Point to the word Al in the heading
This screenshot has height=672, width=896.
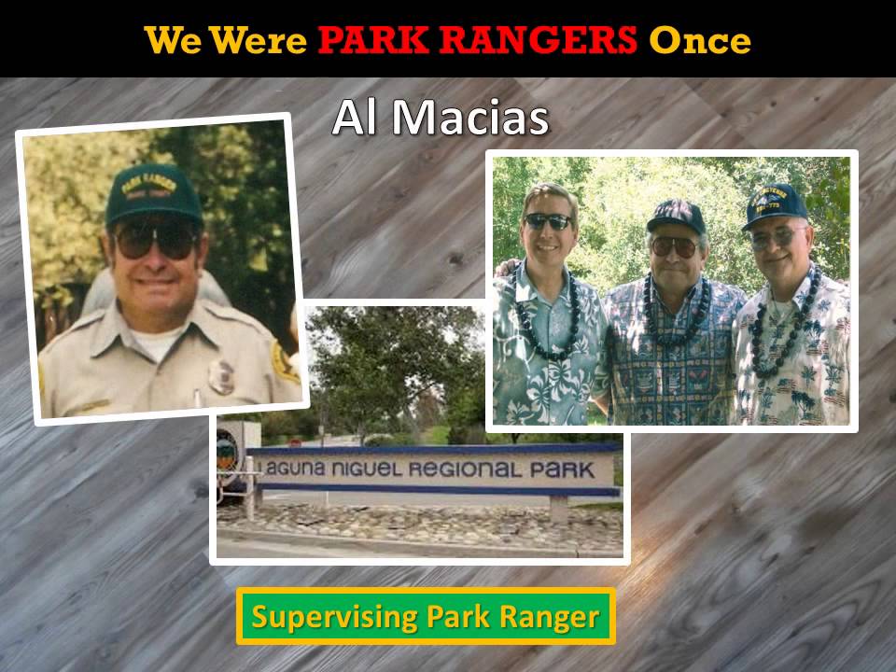tap(356, 119)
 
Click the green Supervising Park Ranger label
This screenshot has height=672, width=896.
tap(426, 616)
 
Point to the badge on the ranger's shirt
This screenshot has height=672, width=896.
tap(221, 376)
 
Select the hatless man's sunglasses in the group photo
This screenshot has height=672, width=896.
tap(548, 221)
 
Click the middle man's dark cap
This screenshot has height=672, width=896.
tap(676, 216)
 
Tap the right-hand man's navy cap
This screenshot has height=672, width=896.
tap(774, 204)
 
